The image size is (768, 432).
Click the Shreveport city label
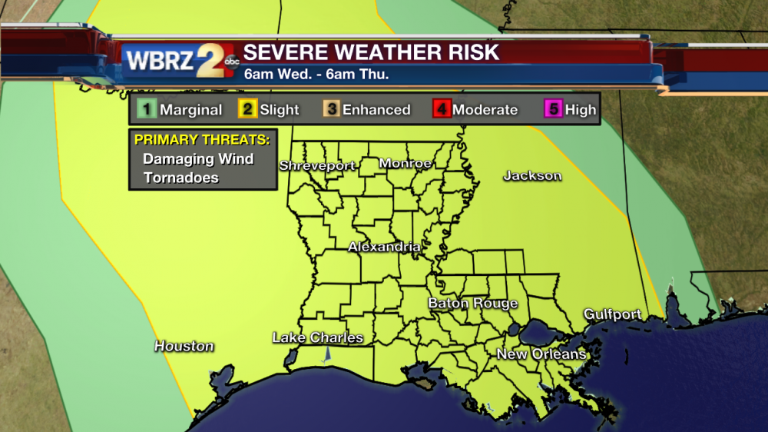click(x=316, y=166)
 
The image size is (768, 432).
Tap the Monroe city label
click(x=405, y=164)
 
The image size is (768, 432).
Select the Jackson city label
click(x=532, y=176)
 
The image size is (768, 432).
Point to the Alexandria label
click(x=384, y=248)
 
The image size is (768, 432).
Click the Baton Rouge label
click(x=472, y=304)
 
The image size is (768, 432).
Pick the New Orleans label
click(x=541, y=354)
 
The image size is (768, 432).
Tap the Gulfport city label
click(x=612, y=314)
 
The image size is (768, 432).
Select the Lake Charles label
click(x=317, y=337)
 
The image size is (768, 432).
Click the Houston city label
click(x=184, y=346)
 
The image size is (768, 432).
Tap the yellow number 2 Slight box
click(x=247, y=109)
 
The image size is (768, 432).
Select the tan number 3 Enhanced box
click(x=331, y=109)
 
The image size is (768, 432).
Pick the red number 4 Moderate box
click(x=442, y=109)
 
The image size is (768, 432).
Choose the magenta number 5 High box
click(x=553, y=109)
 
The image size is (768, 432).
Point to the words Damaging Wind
click(x=198, y=159)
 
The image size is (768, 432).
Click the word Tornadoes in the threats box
click(x=180, y=178)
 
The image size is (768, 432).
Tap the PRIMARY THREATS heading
click(x=202, y=140)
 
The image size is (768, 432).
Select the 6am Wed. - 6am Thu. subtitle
click(x=316, y=75)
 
